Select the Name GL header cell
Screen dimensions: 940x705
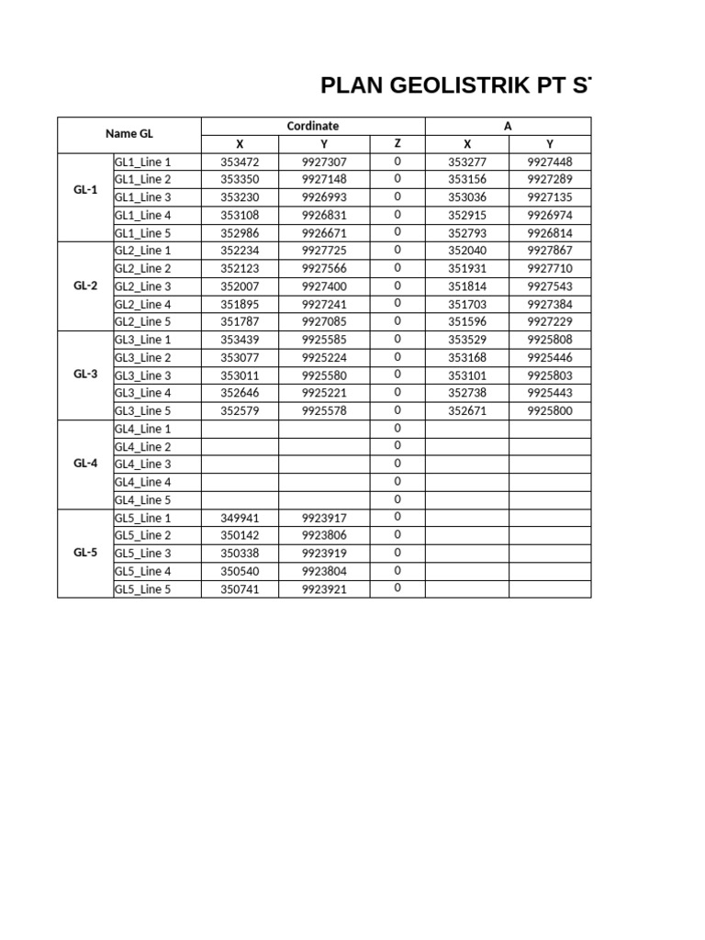point(129,134)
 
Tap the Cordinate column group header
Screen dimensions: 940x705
point(313,126)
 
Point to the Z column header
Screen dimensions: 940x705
point(397,143)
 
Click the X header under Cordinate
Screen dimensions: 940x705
point(240,144)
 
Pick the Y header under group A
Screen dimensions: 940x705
point(550,144)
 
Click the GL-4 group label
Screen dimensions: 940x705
point(85,464)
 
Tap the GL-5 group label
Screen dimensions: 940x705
point(85,553)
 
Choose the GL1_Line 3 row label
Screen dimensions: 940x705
point(142,197)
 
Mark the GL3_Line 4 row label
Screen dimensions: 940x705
point(142,393)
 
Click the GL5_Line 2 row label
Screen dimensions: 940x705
point(142,535)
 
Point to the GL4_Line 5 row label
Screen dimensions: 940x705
point(142,500)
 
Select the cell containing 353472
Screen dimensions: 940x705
point(240,162)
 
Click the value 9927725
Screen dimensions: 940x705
point(324,251)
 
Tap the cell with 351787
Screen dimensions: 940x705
point(240,322)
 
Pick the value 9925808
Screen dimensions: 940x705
point(550,340)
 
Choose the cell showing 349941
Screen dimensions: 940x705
point(240,518)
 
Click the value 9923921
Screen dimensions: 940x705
point(324,589)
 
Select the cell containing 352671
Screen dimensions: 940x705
point(467,411)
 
